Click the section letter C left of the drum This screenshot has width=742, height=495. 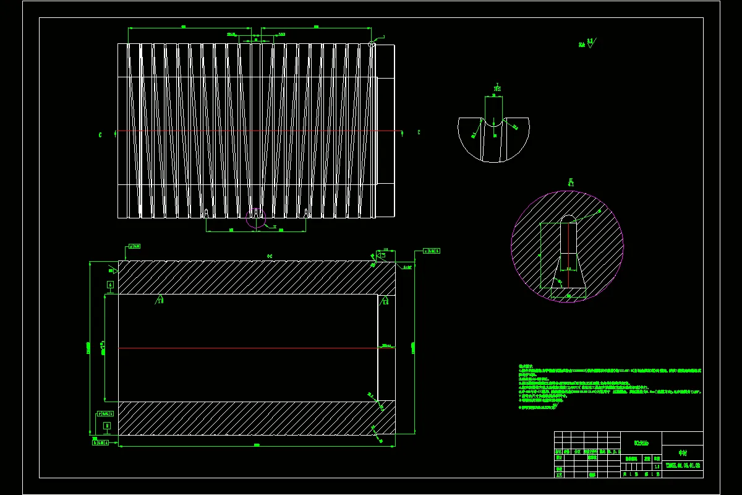(x=100, y=134)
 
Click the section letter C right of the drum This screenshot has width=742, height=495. (x=419, y=132)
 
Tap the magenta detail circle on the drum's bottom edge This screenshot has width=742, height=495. (x=256, y=218)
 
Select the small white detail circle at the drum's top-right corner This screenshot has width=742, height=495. (x=372, y=44)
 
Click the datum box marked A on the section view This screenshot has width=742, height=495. (x=110, y=285)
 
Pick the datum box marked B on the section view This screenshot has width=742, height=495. (x=107, y=426)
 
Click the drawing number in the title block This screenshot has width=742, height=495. (x=682, y=465)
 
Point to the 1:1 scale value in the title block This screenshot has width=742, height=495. (x=656, y=466)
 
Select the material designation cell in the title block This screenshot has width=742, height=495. (x=640, y=442)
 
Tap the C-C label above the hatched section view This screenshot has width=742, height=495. (x=270, y=255)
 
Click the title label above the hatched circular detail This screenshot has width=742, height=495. (x=571, y=183)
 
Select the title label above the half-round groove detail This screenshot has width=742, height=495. (x=497, y=87)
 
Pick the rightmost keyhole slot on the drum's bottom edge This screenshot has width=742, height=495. (x=306, y=213)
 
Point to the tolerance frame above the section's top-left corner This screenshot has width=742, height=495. (x=134, y=246)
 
